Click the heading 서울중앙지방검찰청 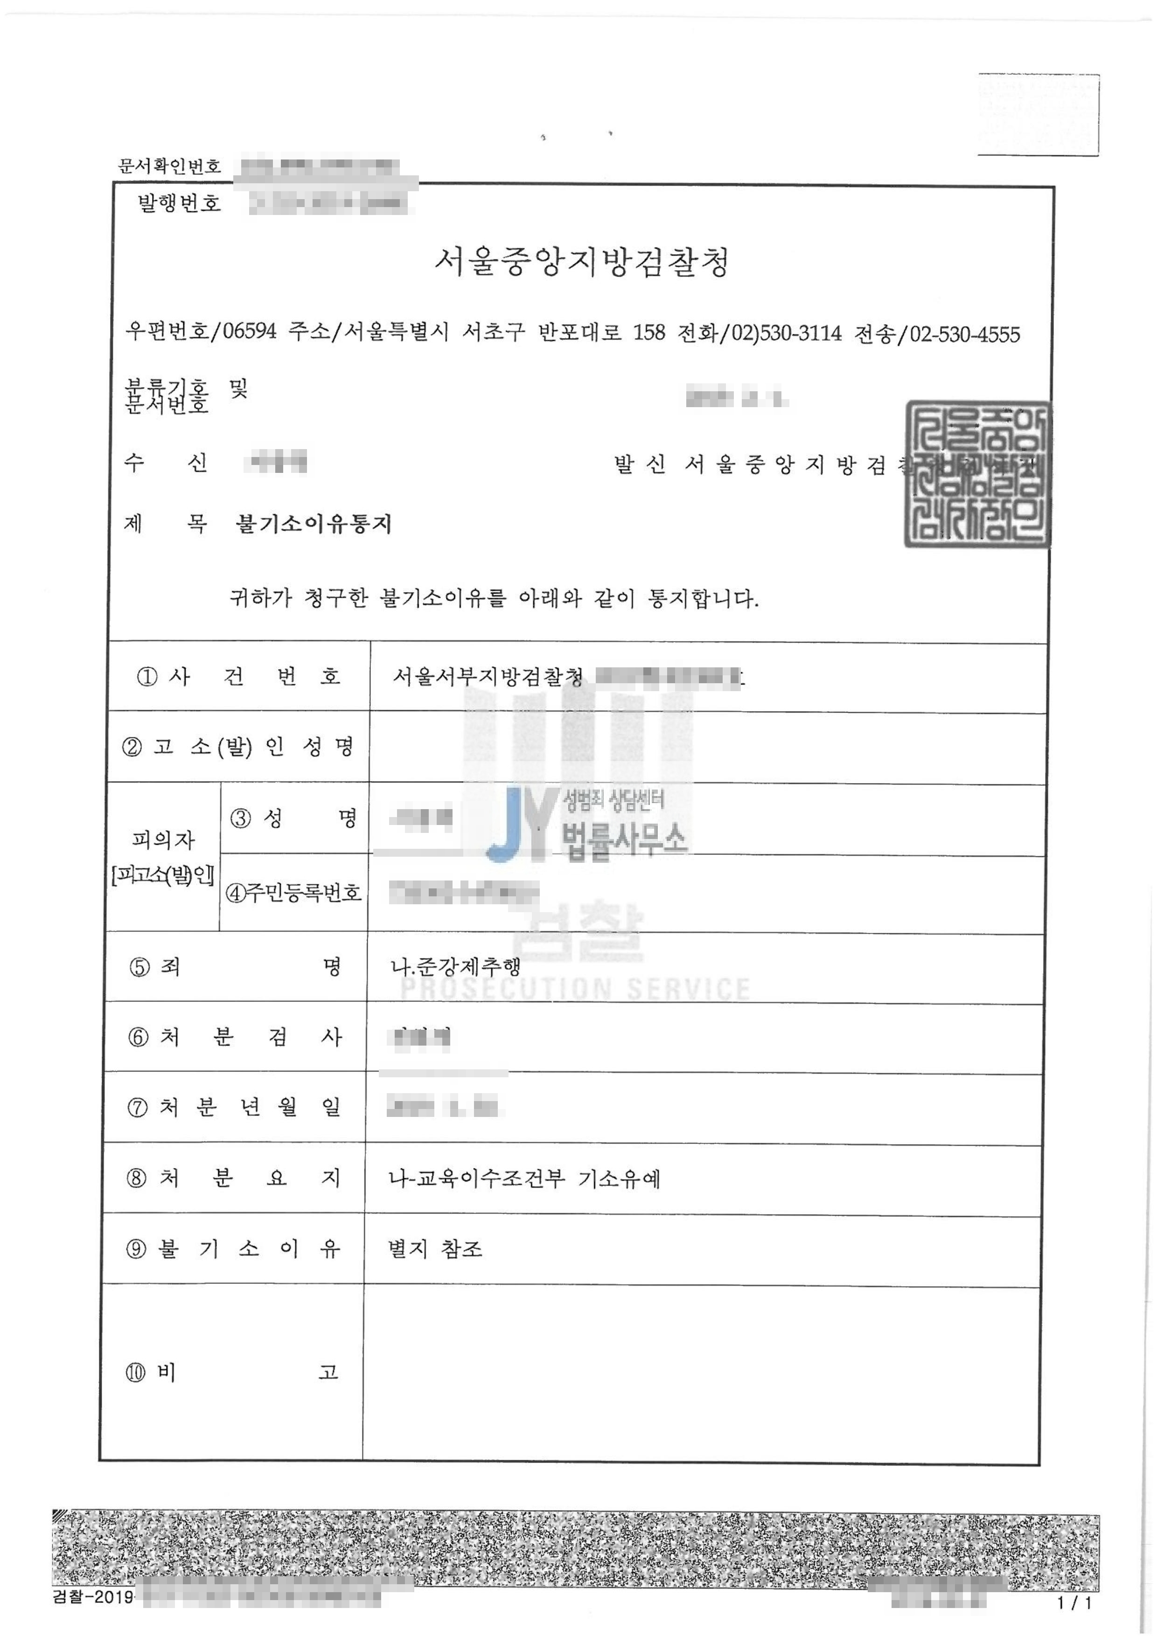pos(582,262)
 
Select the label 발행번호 pos(179,204)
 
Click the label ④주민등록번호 pos(293,892)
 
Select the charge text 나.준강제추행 pos(455,966)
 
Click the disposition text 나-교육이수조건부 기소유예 pos(524,1178)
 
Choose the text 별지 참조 pos(435,1248)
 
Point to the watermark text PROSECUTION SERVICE pos(575,989)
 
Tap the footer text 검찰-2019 pos(93,1597)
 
